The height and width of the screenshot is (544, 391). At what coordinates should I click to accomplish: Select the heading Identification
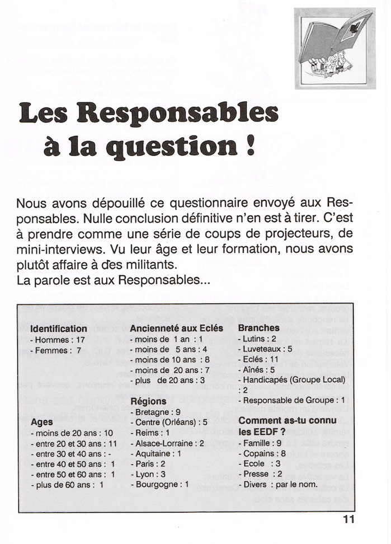59,329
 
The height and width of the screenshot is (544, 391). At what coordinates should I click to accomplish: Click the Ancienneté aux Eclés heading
176,329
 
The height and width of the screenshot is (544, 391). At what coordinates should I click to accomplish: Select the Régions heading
148,401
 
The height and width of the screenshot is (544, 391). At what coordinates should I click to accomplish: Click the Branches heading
258,329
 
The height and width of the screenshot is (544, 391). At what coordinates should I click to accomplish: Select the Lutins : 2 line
257,339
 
